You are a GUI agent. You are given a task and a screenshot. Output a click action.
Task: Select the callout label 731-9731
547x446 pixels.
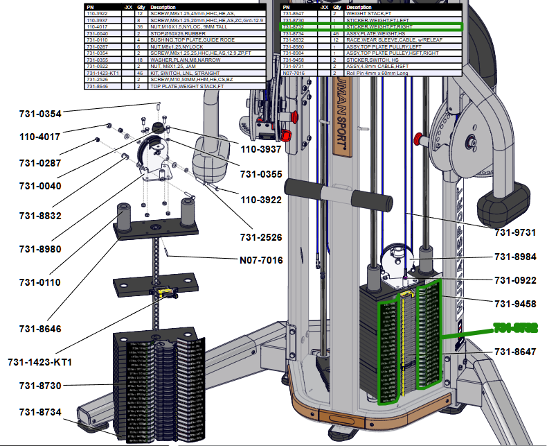515,232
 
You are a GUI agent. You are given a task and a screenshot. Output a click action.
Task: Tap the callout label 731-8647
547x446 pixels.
515,352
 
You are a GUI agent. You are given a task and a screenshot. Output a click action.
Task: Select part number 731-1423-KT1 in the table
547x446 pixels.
102,73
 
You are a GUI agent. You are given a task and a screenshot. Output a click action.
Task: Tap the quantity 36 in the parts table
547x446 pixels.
140,27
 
